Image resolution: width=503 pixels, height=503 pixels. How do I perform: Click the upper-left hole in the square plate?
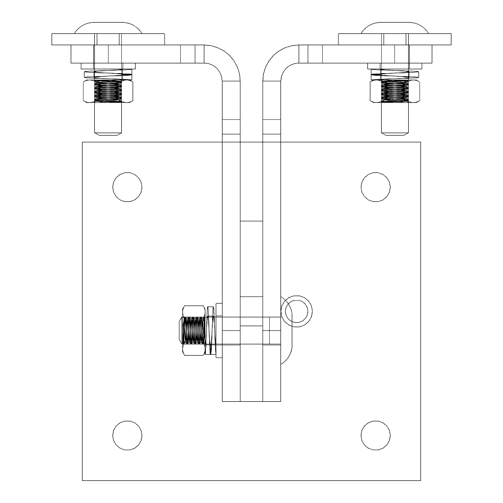(x=127, y=187)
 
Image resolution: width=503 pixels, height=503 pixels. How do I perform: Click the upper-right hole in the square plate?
(x=376, y=187)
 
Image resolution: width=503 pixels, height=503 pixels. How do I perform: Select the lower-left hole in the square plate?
(x=127, y=435)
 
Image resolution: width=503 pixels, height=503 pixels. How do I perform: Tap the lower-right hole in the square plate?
(x=376, y=435)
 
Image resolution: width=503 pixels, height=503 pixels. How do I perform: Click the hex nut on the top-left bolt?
(x=108, y=91)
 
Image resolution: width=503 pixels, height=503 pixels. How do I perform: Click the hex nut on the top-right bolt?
(x=395, y=91)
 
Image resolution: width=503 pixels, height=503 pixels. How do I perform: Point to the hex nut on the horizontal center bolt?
(x=194, y=330)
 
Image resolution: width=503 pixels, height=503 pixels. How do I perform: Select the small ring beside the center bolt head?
(x=297, y=311)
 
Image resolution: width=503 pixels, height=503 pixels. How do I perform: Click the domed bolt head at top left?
(x=108, y=27)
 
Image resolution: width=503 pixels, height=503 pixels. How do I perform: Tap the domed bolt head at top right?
(x=395, y=27)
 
